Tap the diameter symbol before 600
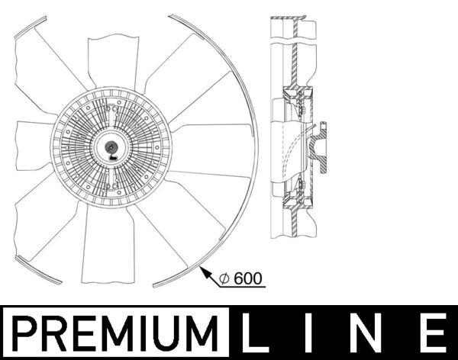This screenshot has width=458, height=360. point(224,279)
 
